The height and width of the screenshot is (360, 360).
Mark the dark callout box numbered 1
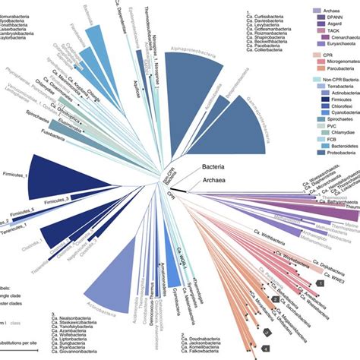(x=321, y=282)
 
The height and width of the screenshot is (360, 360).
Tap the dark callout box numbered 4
(x=264, y=349)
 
